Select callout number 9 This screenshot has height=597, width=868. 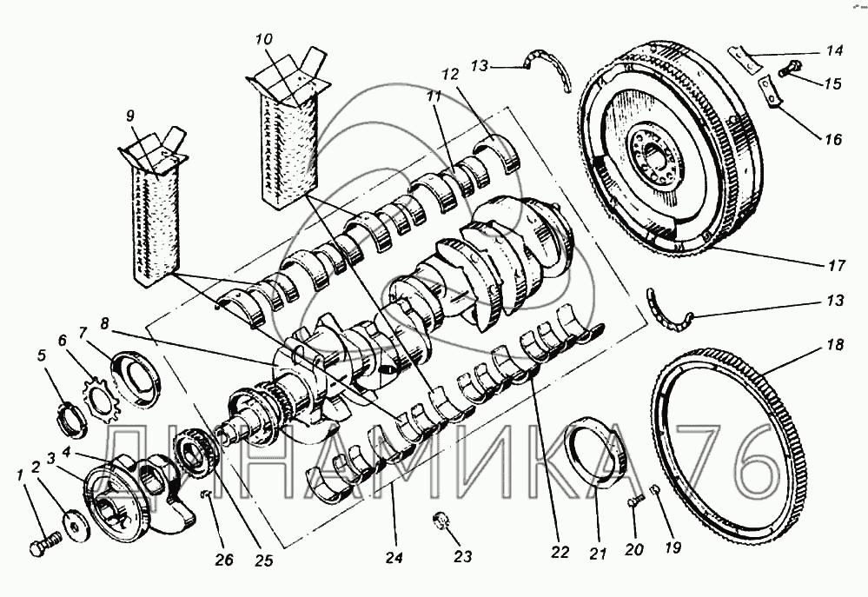129,115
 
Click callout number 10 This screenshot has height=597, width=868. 264,39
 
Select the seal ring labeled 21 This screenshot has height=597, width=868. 599,456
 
